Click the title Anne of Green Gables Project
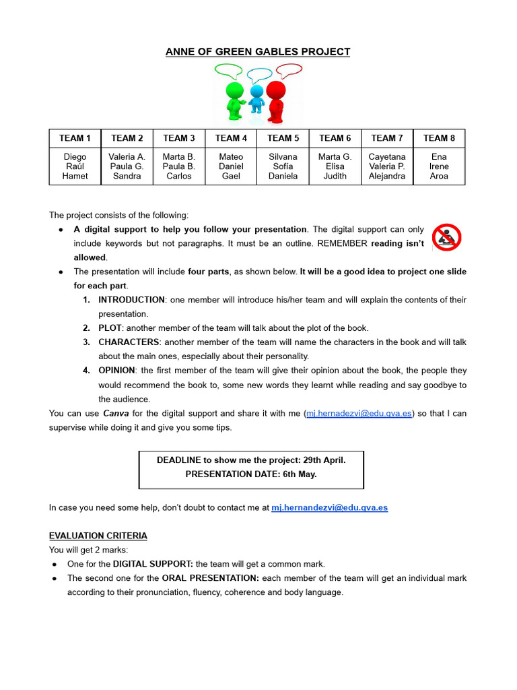(258, 52)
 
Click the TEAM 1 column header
(75, 138)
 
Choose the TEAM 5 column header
(283, 138)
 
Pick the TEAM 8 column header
(439, 138)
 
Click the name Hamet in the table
(75, 176)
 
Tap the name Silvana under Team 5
(283, 157)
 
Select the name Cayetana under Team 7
(387, 157)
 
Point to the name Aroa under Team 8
(439, 176)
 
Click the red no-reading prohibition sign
(446, 237)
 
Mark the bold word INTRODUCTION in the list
(131, 300)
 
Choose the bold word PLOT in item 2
(110, 328)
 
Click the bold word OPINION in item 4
(116, 371)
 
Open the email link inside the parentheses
(359, 413)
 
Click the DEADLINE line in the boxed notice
(251, 460)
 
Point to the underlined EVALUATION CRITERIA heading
(98, 536)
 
